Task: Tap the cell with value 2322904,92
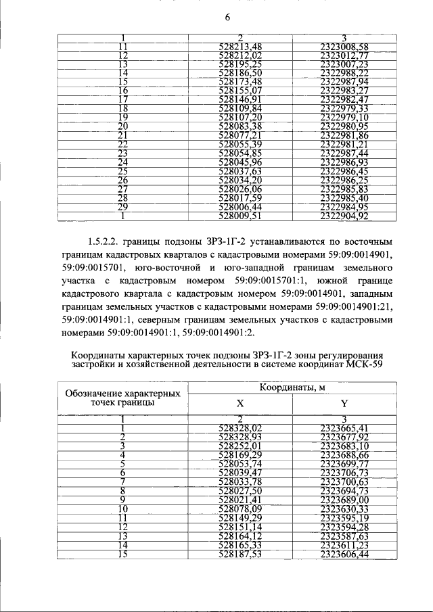point(344,216)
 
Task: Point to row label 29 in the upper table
point(123,207)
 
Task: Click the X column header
point(240,403)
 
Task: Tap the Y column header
point(344,403)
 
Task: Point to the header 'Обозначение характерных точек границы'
point(122,398)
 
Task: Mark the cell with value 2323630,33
point(344,509)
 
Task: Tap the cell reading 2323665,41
point(344,428)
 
